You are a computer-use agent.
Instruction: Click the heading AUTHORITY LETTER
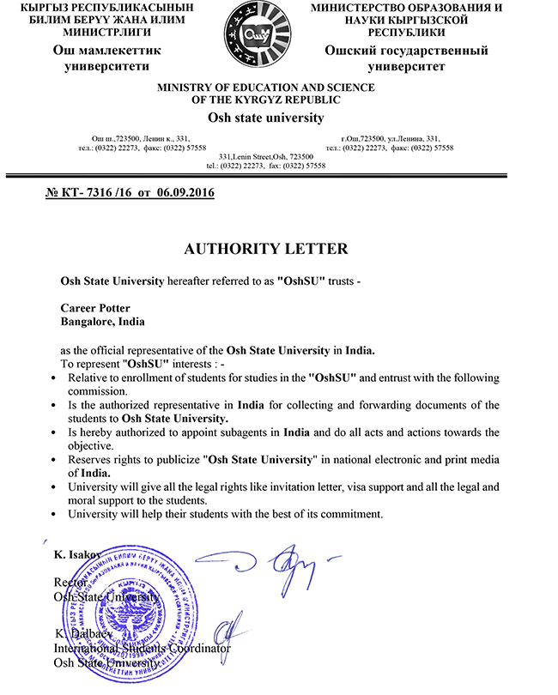click(x=266, y=249)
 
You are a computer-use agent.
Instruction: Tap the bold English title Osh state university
click(x=266, y=118)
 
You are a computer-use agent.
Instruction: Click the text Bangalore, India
click(x=103, y=322)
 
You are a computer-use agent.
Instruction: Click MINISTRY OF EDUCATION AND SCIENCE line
click(x=266, y=88)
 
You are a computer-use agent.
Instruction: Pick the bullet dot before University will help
click(x=56, y=515)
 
